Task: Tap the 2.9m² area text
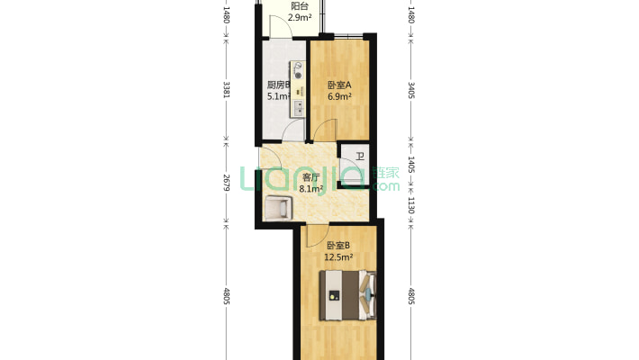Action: click(x=301, y=17)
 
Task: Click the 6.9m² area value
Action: click(x=339, y=96)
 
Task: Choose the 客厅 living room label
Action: click(x=311, y=178)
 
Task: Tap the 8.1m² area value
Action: click(x=311, y=190)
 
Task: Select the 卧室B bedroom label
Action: click(x=338, y=246)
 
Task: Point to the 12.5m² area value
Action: click(x=338, y=257)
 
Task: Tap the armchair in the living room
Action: click(x=279, y=208)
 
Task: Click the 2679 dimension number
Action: click(x=226, y=184)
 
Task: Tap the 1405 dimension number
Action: click(x=411, y=164)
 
